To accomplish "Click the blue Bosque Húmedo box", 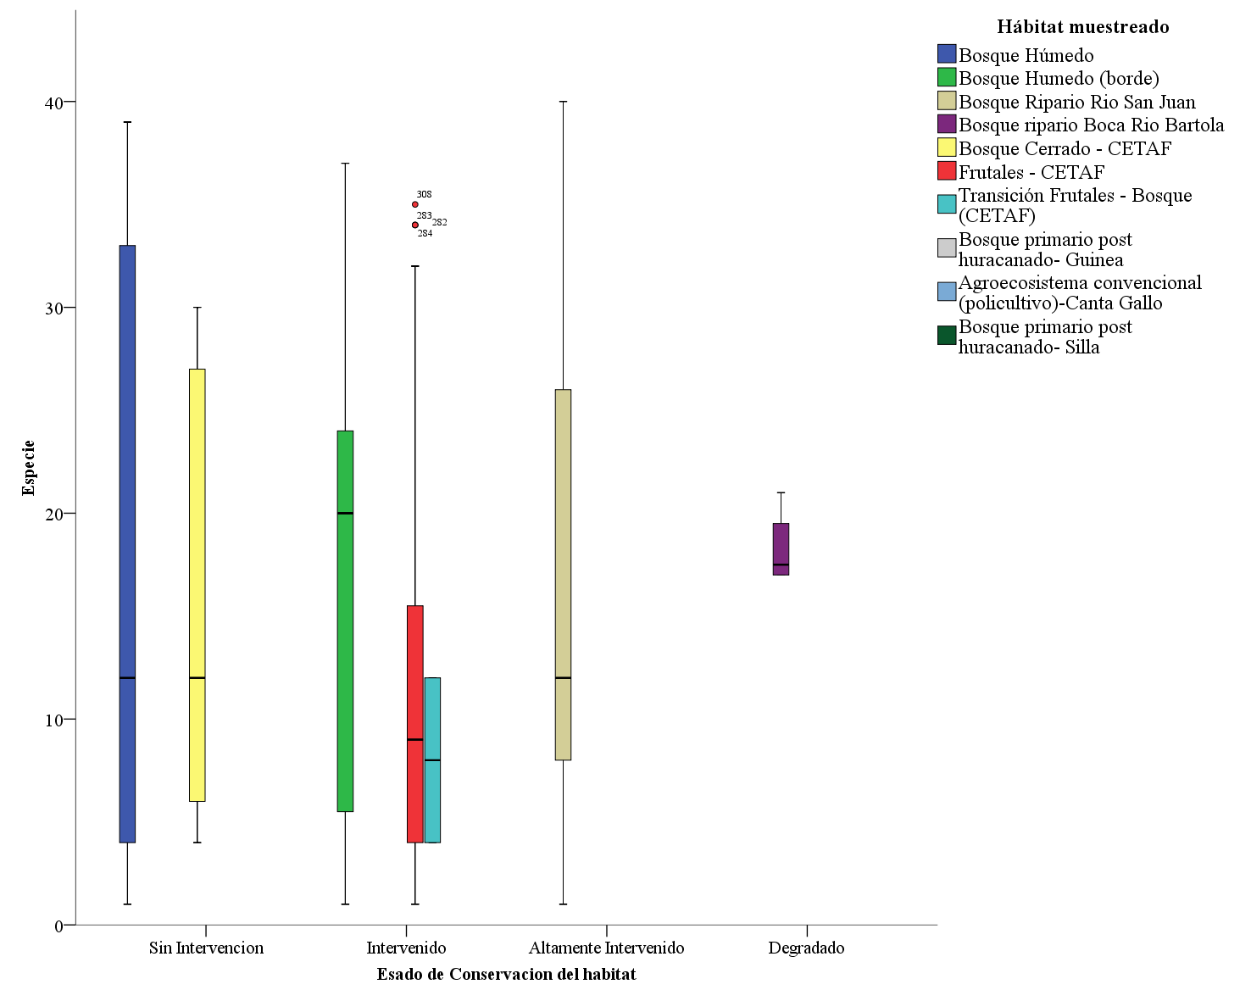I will click(127, 542).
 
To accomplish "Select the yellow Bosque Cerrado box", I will click(197, 585).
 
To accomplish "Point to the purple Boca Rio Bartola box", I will click(781, 549).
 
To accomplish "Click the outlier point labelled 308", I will click(415, 204).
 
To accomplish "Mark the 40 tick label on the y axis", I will click(54, 103).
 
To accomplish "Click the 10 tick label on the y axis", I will click(54, 720).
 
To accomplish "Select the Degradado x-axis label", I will click(806, 948).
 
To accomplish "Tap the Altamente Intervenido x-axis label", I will click(606, 948).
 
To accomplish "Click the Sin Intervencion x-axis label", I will click(206, 948).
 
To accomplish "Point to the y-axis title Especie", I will click(29, 467).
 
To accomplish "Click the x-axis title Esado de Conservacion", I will click(506, 975).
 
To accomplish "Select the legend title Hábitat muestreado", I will click(1082, 27).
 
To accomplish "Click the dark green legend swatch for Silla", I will click(947, 336).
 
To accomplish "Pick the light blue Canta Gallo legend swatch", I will click(947, 292).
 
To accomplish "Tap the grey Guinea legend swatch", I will click(947, 247).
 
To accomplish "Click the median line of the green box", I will click(345, 513).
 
